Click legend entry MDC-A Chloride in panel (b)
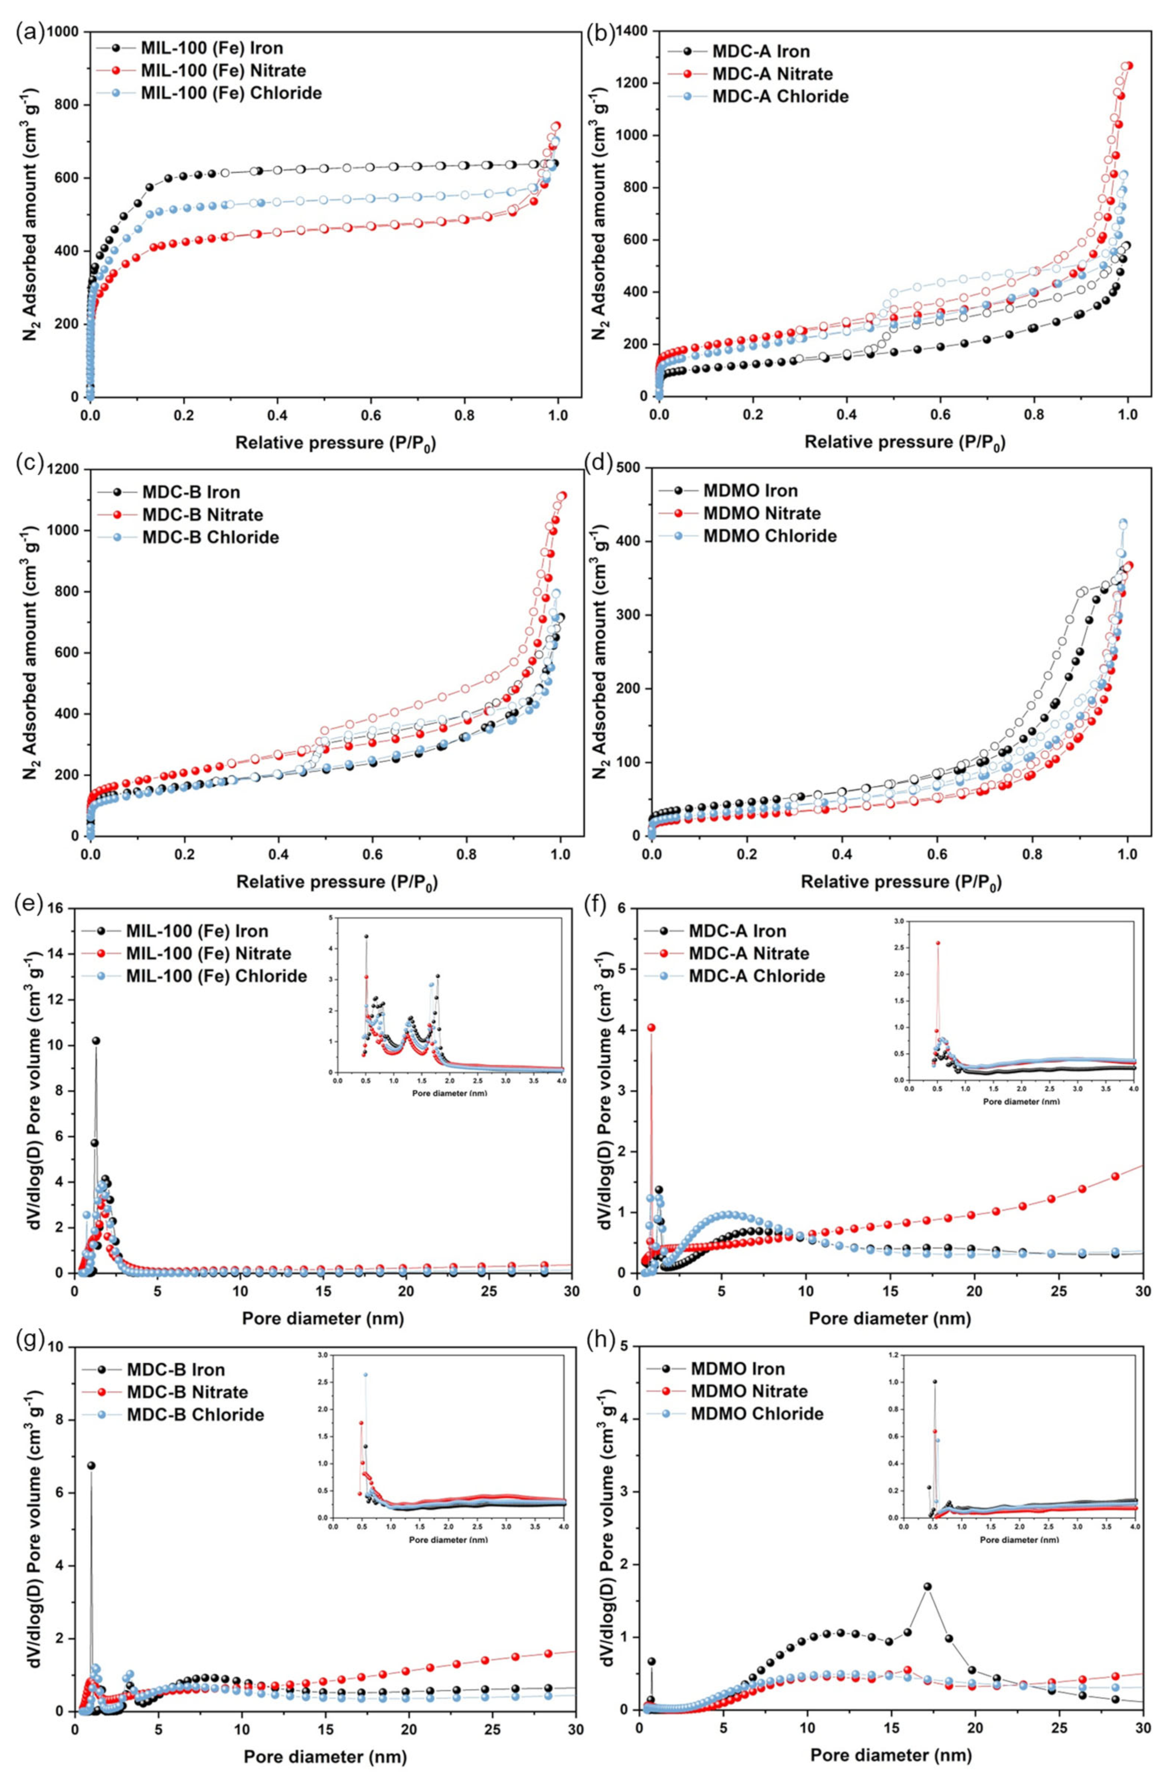[780, 96]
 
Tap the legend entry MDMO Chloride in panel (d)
[769, 535]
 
